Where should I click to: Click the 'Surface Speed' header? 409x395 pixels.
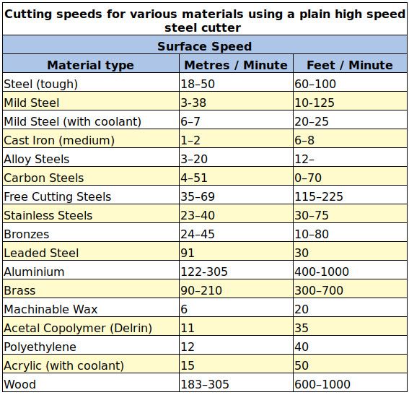pyautogui.click(x=205, y=46)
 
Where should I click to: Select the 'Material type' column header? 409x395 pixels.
pyautogui.click(x=90, y=65)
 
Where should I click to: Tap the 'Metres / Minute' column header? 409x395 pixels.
pyautogui.click(x=236, y=65)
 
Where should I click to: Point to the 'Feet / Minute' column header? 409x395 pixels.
pyautogui.click(x=350, y=65)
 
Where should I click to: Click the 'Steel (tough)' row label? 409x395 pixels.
pyautogui.click(x=41, y=84)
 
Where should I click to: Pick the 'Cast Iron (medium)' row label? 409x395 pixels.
pyautogui.click(x=59, y=141)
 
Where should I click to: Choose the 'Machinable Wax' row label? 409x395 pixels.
pyautogui.click(x=51, y=309)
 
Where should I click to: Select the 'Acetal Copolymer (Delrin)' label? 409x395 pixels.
pyautogui.click(x=78, y=328)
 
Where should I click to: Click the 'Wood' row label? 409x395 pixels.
pyautogui.click(x=20, y=384)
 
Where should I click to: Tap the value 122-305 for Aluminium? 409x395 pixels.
pyautogui.click(x=204, y=272)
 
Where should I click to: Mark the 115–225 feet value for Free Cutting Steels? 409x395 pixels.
pyautogui.click(x=319, y=196)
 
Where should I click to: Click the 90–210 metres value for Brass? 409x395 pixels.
pyautogui.click(x=201, y=290)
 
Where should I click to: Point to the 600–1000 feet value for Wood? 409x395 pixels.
pyautogui.click(x=322, y=384)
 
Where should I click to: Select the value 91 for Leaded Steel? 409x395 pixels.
pyautogui.click(x=188, y=253)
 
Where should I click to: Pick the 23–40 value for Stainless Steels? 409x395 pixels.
pyautogui.click(x=198, y=215)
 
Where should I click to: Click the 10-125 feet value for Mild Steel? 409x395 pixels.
pyautogui.click(x=315, y=103)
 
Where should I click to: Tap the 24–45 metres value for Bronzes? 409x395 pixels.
pyautogui.click(x=198, y=234)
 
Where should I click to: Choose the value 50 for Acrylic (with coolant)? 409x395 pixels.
pyautogui.click(x=302, y=365)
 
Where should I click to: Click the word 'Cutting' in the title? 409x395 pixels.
pyautogui.click(x=28, y=14)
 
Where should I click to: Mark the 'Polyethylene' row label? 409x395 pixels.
pyautogui.click(x=40, y=347)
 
